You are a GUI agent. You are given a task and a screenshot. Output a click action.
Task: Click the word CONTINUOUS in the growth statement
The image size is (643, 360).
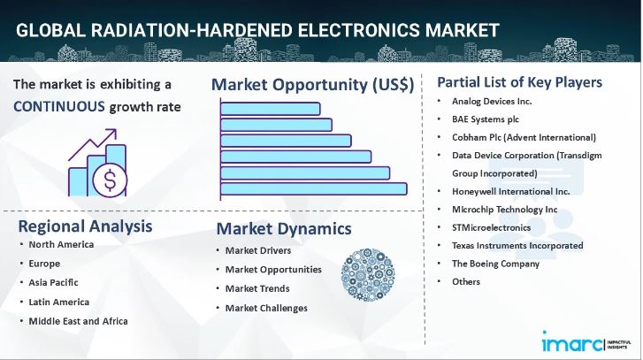[x=59, y=107]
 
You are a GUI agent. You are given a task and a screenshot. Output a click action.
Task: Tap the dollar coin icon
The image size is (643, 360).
[x=109, y=182]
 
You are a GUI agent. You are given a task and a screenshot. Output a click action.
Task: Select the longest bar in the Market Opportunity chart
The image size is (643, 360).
[x=314, y=188]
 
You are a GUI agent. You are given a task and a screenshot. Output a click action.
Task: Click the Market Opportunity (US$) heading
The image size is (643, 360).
[x=312, y=85]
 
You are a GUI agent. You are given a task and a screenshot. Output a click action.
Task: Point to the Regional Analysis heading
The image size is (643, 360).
[x=85, y=226]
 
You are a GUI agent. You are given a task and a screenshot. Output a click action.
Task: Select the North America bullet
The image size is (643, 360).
[x=61, y=244]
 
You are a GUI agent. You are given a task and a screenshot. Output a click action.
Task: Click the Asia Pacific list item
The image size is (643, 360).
[x=53, y=282]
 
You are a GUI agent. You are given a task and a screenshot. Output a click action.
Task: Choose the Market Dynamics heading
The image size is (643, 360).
[x=284, y=229]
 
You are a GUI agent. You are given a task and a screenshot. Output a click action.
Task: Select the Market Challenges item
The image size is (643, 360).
[x=266, y=308]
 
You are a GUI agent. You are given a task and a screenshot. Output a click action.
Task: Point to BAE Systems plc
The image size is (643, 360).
[x=486, y=120]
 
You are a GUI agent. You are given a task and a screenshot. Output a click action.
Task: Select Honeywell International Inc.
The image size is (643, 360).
[x=510, y=191]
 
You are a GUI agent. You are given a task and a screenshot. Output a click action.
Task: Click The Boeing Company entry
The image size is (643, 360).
[x=495, y=264]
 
